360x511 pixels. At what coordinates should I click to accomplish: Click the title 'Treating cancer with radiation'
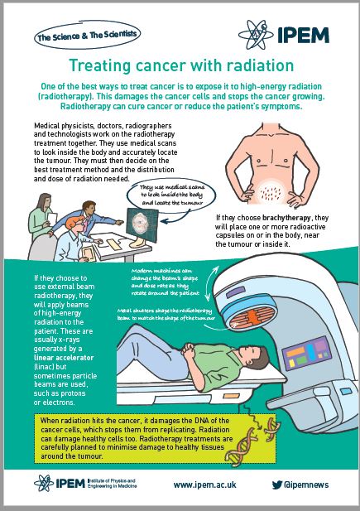point(180,65)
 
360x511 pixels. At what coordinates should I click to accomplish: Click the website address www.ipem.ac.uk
point(207,484)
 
